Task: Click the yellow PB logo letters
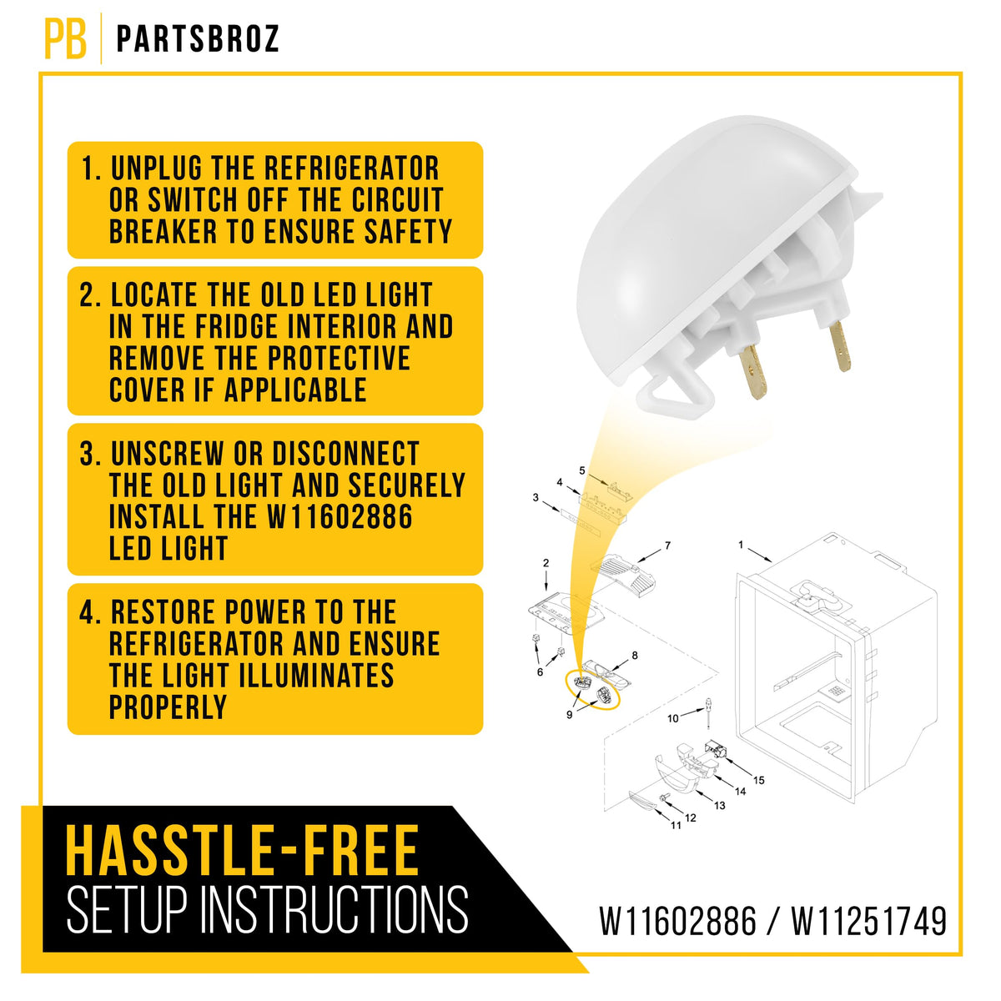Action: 65,38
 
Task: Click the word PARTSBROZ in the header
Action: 198,39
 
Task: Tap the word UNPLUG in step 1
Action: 156,169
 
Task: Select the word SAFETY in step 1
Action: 408,231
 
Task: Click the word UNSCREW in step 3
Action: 168,454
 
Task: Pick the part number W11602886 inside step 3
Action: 340,517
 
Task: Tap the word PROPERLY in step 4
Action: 168,707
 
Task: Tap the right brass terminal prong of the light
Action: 840,346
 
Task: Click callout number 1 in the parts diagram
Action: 741,545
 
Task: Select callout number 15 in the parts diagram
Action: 759,780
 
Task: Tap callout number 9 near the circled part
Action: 570,715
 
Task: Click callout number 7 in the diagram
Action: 667,546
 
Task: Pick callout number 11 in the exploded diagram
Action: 676,826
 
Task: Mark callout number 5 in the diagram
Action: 582,470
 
